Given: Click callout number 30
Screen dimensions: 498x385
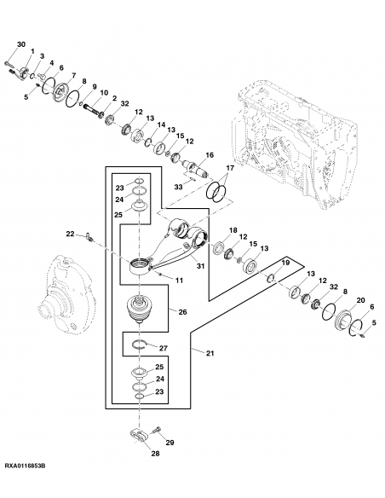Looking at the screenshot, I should point(21,43).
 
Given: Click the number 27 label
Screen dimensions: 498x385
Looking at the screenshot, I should point(164,348).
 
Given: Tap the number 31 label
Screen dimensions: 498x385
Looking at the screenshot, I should point(202,265).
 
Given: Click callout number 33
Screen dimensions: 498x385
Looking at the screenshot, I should point(178,186).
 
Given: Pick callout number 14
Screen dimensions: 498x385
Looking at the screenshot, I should point(161,124).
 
